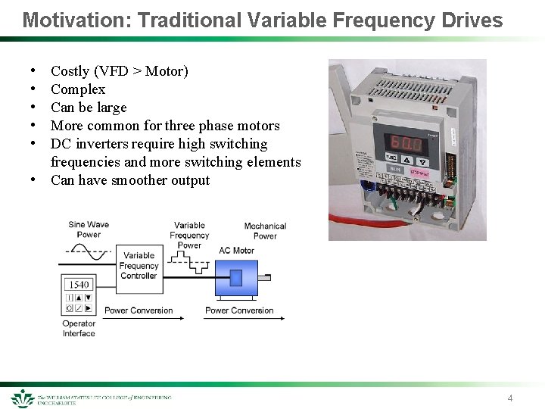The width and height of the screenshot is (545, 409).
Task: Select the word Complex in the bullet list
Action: coord(77,89)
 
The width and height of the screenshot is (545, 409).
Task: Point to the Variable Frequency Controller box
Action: coord(139,266)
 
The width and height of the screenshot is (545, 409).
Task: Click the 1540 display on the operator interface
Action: coord(78,285)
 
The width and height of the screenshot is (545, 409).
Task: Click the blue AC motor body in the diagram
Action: coord(235,278)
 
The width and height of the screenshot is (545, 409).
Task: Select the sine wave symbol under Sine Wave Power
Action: coord(89,254)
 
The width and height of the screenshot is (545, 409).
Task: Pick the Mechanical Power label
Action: coord(265,231)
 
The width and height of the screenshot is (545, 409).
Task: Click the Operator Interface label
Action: coord(79,329)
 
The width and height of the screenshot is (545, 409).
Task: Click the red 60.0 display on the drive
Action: coord(403,142)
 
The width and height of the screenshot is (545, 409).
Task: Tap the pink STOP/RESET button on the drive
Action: coord(421,172)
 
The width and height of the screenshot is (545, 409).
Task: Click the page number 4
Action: coord(510,398)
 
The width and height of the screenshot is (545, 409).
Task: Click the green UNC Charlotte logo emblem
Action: coord(22,398)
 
